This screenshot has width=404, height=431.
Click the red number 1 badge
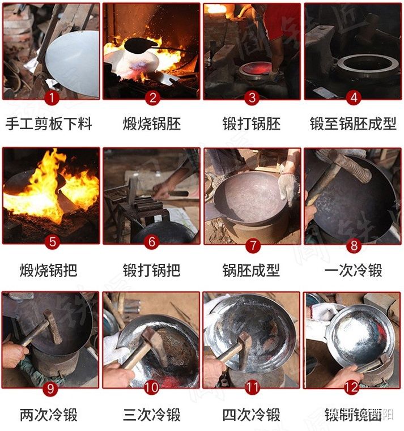(x=52, y=97)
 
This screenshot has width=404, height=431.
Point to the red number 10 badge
(x=152, y=387)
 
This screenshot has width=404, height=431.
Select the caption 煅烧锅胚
(x=151, y=124)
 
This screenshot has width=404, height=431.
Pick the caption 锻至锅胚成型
(x=353, y=124)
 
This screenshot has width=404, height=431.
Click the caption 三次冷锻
(x=151, y=415)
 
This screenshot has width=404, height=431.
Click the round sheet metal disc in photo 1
(x=74, y=59)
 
